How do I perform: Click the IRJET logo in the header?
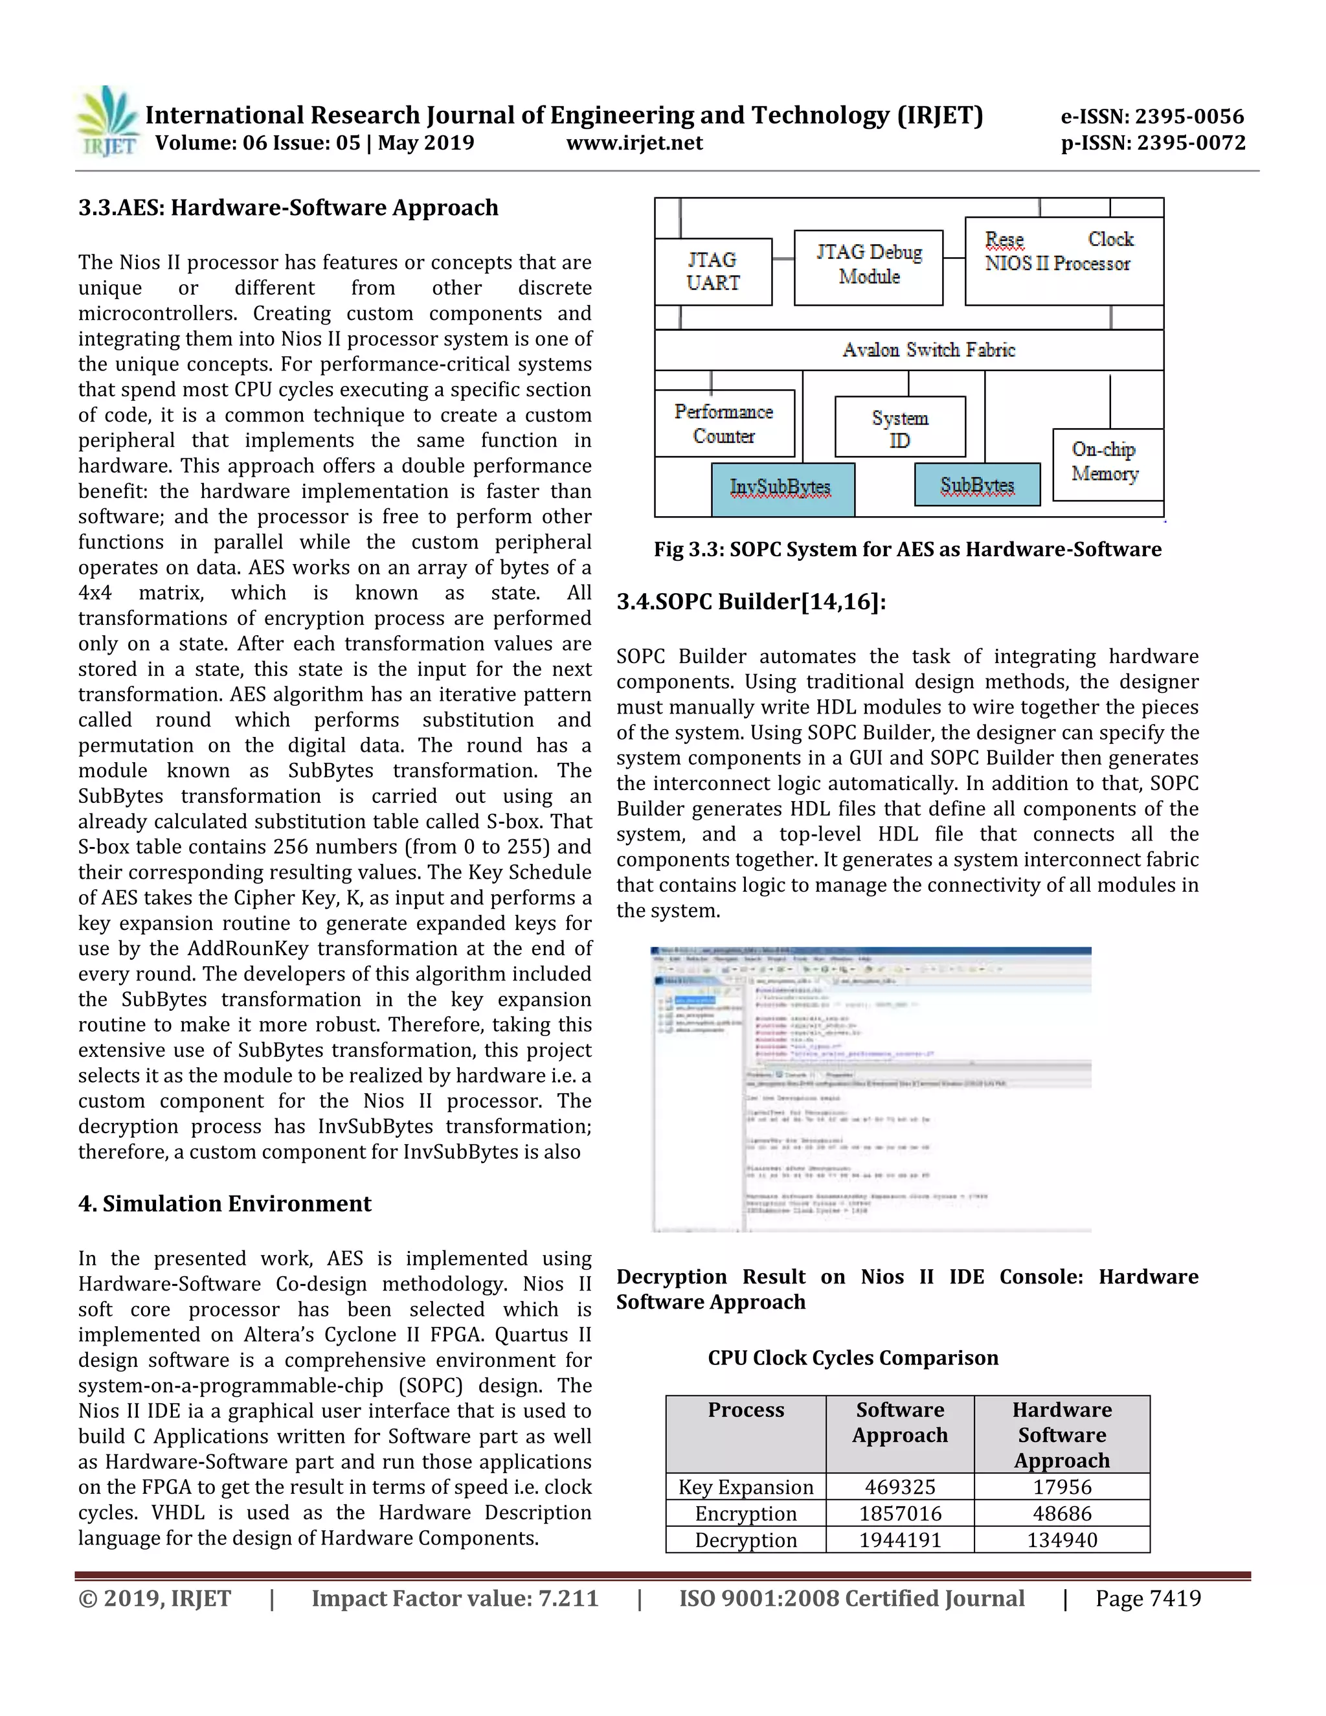[x=107, y=122]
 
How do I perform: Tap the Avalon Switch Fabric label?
[x=928, y=350]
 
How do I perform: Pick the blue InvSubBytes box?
[x=782, y=489]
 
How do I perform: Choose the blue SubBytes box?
[x=977, y=485]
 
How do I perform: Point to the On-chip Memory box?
[x=1107, y=464]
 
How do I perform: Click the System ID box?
[x=899, y=427]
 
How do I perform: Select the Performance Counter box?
[x=723, y=423]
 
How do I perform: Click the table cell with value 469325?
[x=899, y=1487]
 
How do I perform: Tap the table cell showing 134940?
[x=1061, y=1539]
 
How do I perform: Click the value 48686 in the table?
[x=1061, y=1513]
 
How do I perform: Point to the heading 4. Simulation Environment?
[x=225, y=1204]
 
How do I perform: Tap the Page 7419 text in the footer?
[x=1148, y=1598]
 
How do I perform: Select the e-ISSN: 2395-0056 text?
[x=1152, y=117]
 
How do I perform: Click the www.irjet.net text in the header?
[x=634, y=143]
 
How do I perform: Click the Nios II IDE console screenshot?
[x=870, y=1089]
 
